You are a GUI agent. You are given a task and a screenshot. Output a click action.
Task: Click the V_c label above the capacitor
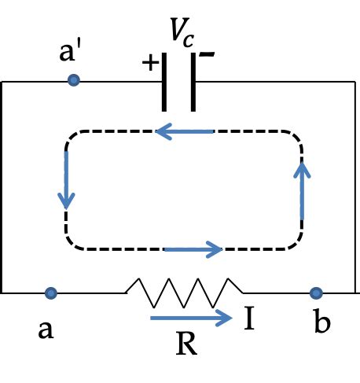point(182,31)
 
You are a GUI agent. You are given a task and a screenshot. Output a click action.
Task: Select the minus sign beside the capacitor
point(206,55)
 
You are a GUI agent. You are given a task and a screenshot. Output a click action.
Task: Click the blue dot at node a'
point(73,80)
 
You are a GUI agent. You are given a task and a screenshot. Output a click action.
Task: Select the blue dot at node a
point(51,293)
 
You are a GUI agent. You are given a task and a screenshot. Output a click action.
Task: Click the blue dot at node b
point(316,293)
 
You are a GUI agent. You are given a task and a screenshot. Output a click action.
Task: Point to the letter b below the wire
point(321,324)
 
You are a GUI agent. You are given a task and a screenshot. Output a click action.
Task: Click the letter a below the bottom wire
point(46,328)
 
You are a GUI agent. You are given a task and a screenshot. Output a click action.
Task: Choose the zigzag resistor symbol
point(184,292)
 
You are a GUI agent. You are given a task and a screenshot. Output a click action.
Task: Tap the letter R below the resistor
point(186,343)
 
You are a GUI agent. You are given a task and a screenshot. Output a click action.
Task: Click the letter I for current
point(249,319)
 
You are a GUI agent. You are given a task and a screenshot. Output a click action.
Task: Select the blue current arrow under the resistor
point(191,319)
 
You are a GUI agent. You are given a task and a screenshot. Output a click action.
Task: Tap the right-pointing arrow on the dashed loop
point(193,250)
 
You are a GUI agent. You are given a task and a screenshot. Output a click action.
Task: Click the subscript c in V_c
point(189,36)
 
